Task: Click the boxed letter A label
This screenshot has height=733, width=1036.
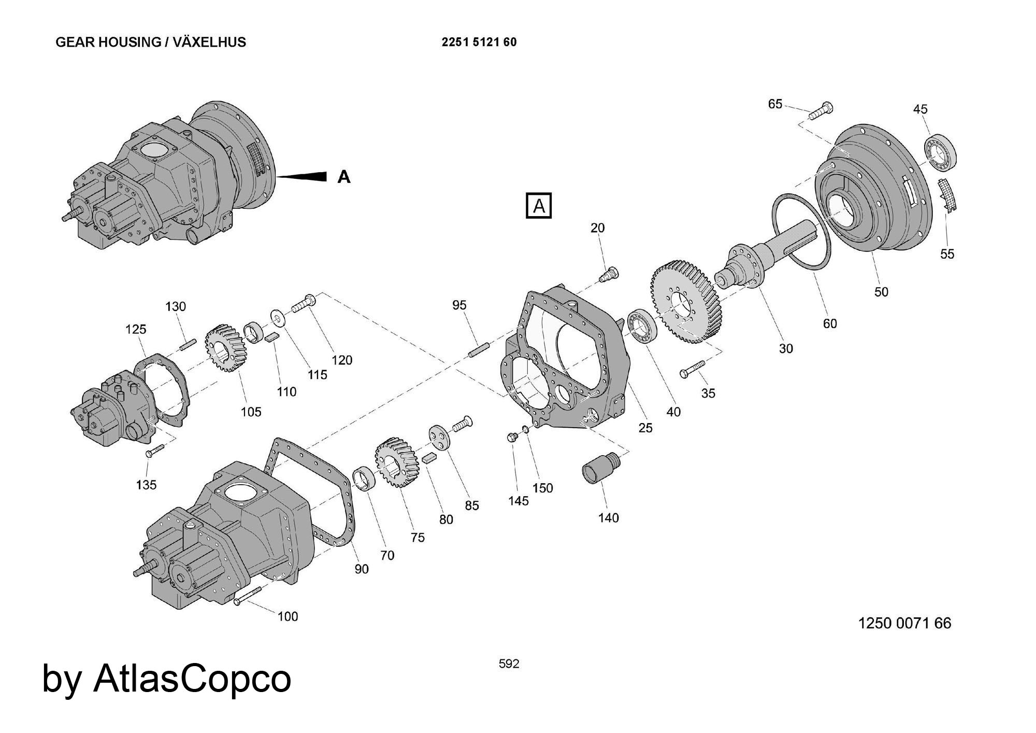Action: point(539,206)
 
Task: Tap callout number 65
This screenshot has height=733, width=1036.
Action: point(775,104)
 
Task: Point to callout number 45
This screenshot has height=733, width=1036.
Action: point(920,109)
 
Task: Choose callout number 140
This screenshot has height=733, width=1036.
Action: point(608,517)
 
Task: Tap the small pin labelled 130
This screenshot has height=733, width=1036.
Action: point(188,344)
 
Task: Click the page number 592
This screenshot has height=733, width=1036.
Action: point(509,664)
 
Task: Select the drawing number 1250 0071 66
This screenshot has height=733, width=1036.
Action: point(904,623)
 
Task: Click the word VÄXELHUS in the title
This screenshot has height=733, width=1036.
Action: point(209,42)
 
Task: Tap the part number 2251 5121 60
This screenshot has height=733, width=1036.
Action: point(479,42)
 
